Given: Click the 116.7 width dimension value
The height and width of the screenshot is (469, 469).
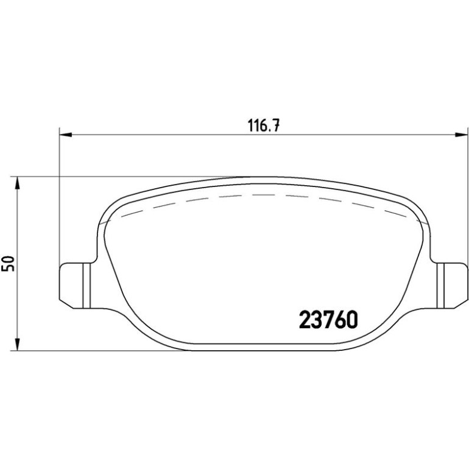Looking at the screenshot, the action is point(264,125).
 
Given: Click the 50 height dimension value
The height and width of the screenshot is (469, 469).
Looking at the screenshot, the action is point(8,264).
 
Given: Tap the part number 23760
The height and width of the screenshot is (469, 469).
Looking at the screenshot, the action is point(328,319).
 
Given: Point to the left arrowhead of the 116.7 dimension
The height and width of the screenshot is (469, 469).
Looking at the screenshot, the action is point(66,135).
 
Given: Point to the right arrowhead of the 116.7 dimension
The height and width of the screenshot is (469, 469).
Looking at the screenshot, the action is point(461,135).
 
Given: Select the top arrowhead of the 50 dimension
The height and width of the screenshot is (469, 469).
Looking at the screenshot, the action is point(17,183).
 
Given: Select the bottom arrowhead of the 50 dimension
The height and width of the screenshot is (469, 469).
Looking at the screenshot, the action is point(17,345).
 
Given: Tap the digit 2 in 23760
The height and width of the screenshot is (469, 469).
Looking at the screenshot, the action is point(305,319).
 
